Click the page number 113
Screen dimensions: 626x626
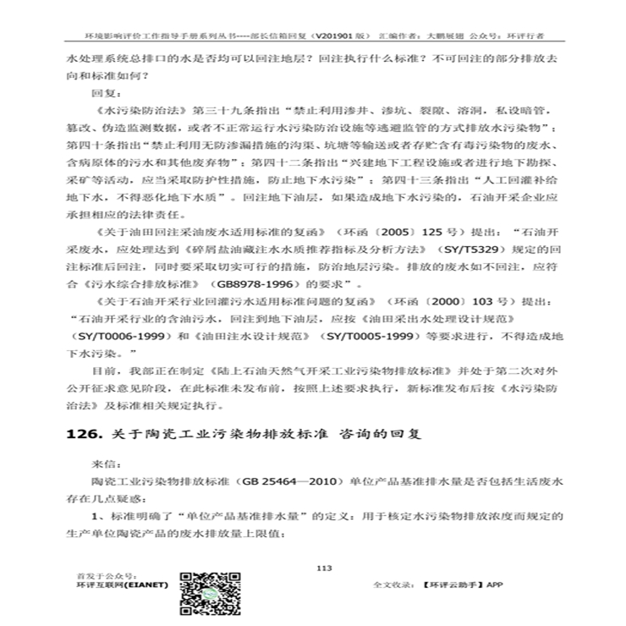pyautogui.click(x=322, y=568)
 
